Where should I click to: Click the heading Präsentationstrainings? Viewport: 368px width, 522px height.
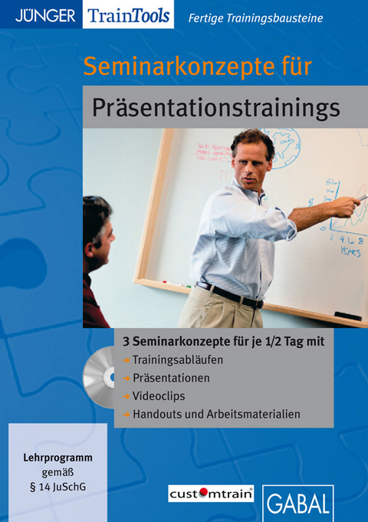click(216, 107)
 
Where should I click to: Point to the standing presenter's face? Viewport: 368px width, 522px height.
click(253, 159)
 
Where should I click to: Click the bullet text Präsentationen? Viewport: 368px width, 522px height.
click(171, 378)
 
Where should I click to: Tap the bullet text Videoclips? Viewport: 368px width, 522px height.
click(159, 396)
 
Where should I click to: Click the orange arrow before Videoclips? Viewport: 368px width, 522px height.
click(126, 397)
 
